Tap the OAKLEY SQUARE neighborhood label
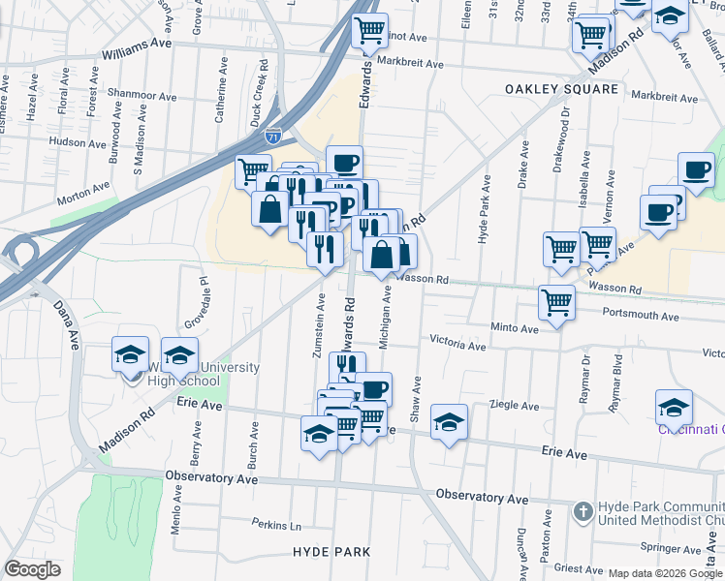coord(561,89)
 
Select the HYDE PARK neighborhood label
coord(331,551)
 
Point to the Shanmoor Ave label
coord(143,97)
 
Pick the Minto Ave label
coord(514,328)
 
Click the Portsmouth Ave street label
coord(641,316)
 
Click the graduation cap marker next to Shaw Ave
coord(449,422)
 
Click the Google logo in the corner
coord(32,569)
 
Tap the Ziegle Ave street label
coord(514,404)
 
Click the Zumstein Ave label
coord(318,329)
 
